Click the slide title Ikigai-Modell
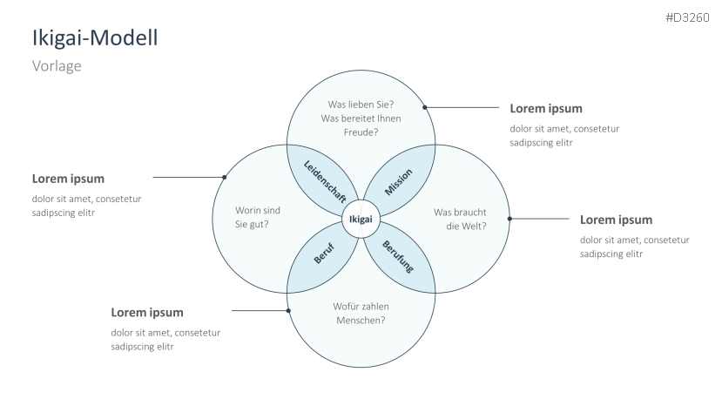pos(95,38)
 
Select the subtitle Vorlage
pos(57,66)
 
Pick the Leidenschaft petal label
pos(324,181)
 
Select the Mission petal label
pos(398,182)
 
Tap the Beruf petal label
pos(323,259)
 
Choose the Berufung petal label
pos(397,259)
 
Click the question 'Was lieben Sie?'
pos(361,103)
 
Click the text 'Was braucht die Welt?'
pos(460,218)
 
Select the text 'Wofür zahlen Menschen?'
pos(361,313)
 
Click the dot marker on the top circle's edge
pos(425,108)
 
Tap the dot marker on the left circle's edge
pos(225,177)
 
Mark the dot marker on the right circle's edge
pos(509,220)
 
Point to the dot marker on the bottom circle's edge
pos(288,309)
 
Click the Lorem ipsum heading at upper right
pos(545,109)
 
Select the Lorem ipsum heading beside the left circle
pos(68,179)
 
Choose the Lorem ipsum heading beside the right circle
pos(616,220)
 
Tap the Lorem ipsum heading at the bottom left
pos(147,312)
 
